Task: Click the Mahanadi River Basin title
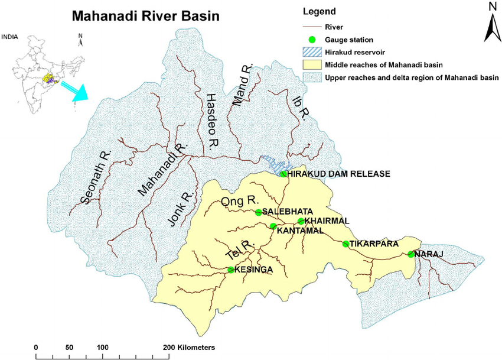145,16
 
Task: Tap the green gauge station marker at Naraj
410,255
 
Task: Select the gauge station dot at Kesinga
231,270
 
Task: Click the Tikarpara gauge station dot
345,244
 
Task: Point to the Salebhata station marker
258,212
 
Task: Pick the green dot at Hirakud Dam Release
283,174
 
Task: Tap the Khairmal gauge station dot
301,221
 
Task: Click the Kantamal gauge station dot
273,226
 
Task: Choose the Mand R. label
242,87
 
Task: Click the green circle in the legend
313,40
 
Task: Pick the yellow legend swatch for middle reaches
312,64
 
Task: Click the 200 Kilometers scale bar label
189,347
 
